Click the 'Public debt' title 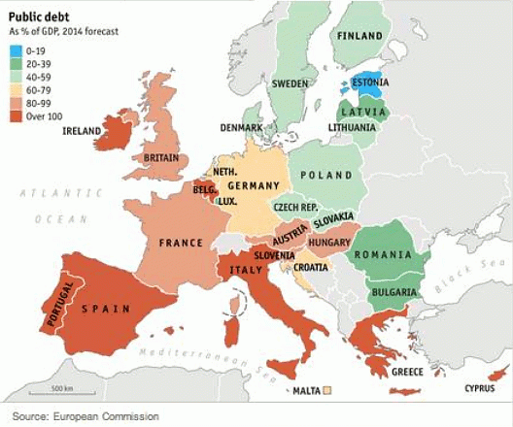pyautogui.click(x=35, y=16)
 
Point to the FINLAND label pyautogui.click(x=359, y=35)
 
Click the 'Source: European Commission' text pyautogui.click(x=85, y=416)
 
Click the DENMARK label pyautogui.click(x=240, y=127)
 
